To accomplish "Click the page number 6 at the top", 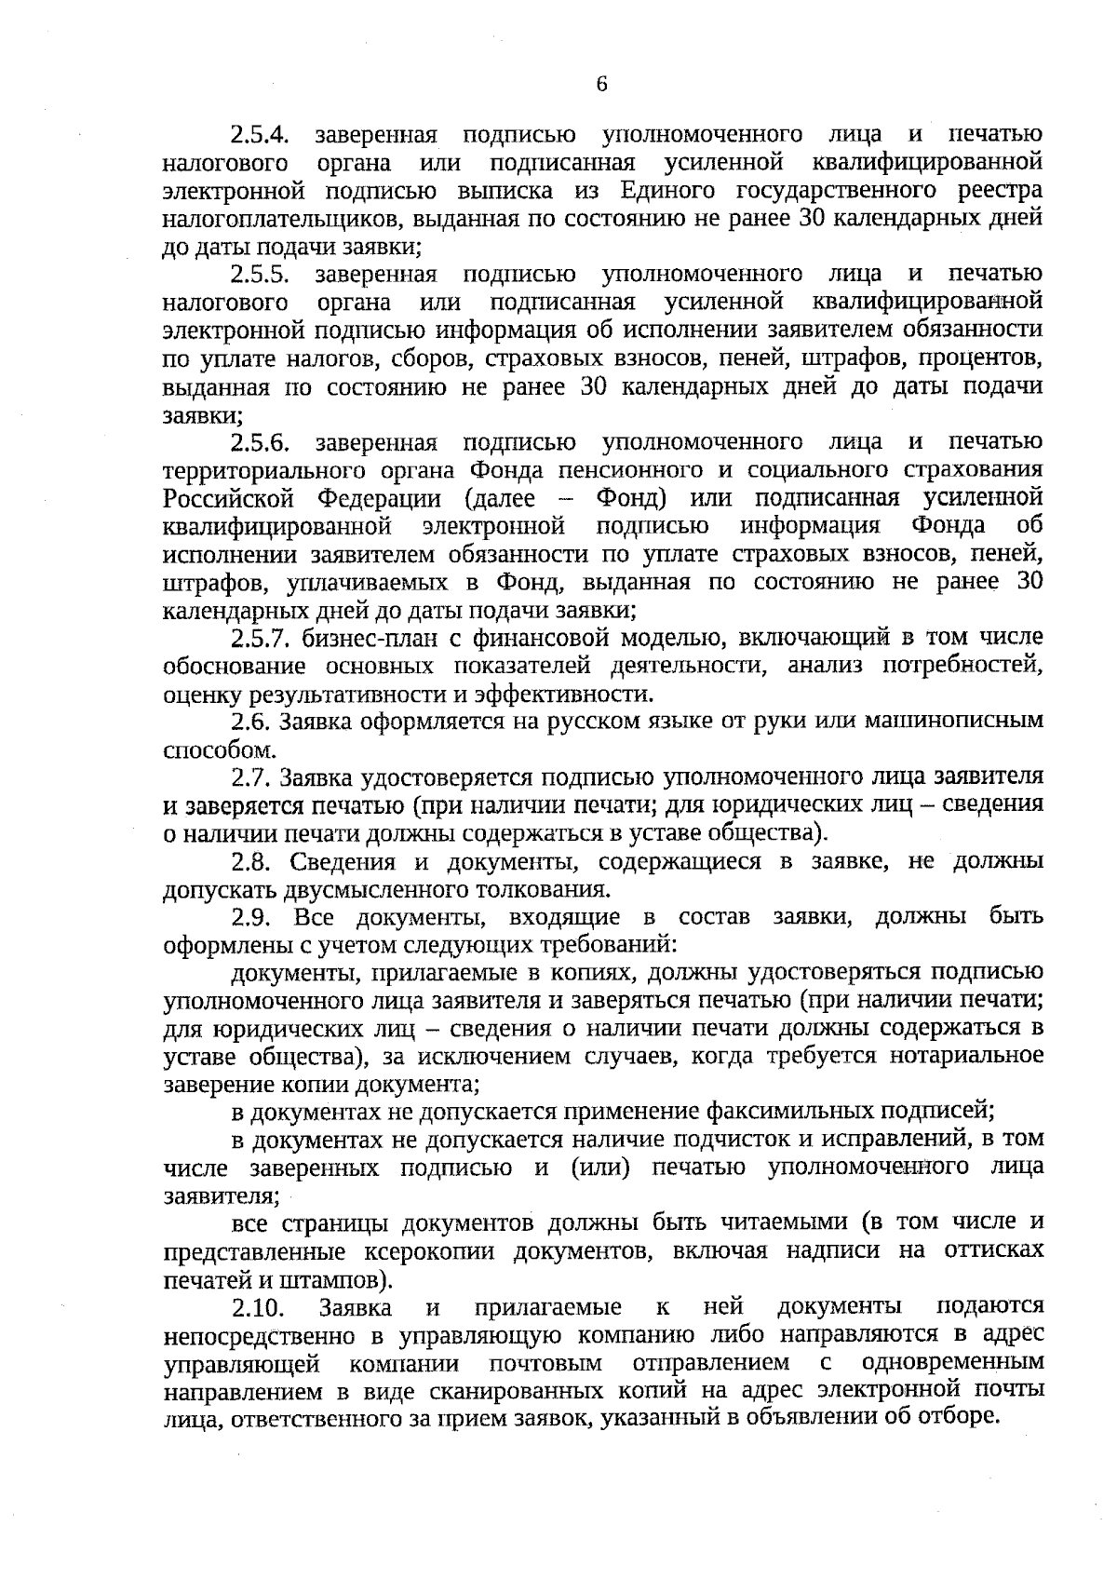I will pos(600,84).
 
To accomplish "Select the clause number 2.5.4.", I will pos(261,136).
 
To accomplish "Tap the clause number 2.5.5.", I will pos(261,275).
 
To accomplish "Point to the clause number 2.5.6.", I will pos(261,442).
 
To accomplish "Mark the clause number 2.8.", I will pos(250,861).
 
